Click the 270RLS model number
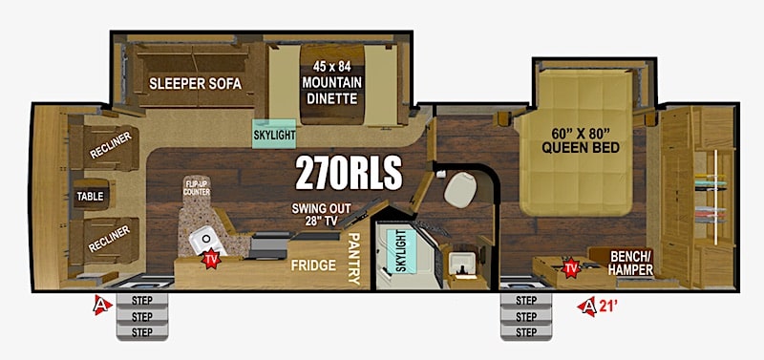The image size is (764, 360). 349,173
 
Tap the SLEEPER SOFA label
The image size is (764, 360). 196,84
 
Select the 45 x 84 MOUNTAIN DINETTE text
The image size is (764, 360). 331,83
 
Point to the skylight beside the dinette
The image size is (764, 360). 274,134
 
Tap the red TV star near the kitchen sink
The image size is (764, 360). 211,260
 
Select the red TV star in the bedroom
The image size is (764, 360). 569,267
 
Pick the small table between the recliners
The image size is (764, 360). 91,196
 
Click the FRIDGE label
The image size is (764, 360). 314,265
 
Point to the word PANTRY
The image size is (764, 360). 354,258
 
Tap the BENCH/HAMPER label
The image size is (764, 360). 631,262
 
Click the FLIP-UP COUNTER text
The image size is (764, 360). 197,188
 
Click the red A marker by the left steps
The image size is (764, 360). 102,306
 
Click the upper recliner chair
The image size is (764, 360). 105,148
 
